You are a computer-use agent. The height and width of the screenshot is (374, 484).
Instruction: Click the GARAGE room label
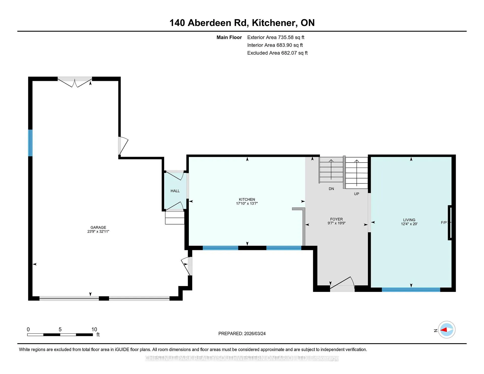pyautogui.click(x=98, y=227)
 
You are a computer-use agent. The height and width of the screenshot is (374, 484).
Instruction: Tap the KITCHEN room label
pyautogui.click(x=247, y=199)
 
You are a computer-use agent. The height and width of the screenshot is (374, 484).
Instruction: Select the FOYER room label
pyautogui.click(x=337, y=219)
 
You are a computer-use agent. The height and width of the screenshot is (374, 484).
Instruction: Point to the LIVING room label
pyautogui.click(x=409, y=220)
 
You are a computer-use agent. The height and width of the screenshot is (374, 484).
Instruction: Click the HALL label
pyautogui.click(x=175, y=191)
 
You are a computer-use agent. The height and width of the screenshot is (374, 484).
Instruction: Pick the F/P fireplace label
pyautogui.click(x=444, y=223)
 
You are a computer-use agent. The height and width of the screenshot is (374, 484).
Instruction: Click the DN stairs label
pyautogui.click(x=331, y=189)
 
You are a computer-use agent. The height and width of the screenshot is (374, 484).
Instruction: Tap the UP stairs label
pyautogui.click(x=356, y=194)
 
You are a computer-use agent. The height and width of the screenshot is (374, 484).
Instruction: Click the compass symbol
pyautogui.click(x=447, y=330)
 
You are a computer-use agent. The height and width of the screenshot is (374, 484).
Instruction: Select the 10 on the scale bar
pyautogui.click(x=94, y=329)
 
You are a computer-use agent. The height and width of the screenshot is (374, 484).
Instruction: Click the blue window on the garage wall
pyautogui.click(x=30, y=143)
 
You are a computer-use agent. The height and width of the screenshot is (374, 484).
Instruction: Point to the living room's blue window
pyautogui.click(x=411, y=290)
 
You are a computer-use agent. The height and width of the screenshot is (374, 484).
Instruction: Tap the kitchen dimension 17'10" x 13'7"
pyautogui.click(x=247, y=203)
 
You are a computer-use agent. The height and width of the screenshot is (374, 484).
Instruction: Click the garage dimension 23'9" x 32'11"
pyautogui.click(x=98, y=231)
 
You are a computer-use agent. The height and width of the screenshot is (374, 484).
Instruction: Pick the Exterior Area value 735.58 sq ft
pyautogui.click(x=291, y=37)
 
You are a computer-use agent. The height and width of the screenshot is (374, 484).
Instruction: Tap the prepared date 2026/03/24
pyautogui.click(x=255, y=333)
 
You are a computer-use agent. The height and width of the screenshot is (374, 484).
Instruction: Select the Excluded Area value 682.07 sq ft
pyautogui.click(x=294, y=53)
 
